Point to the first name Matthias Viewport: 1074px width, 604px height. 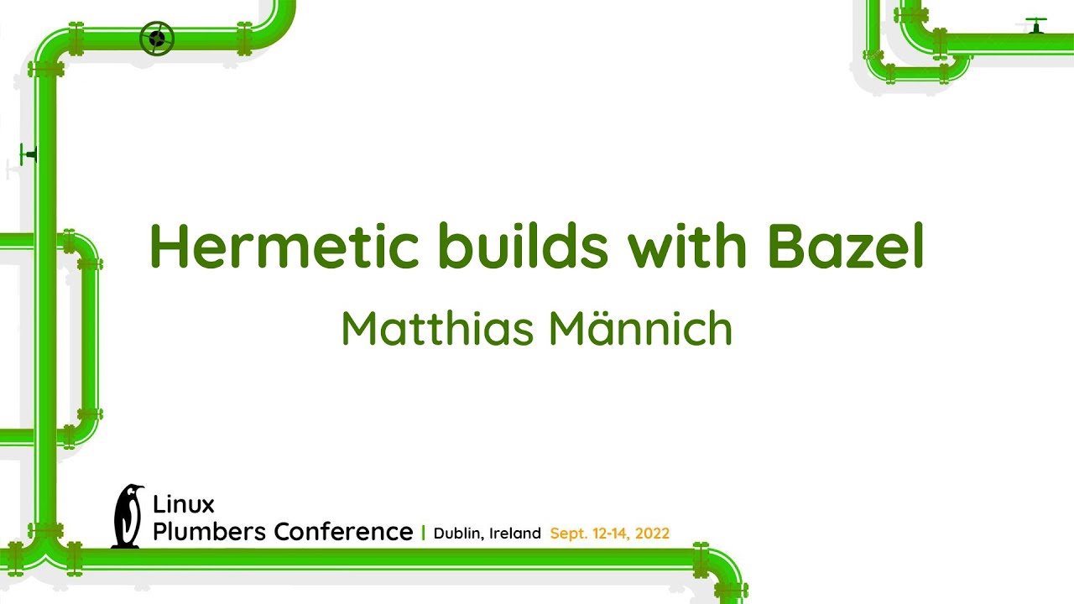437,329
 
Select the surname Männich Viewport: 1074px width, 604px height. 641,329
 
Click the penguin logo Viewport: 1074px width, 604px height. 128,517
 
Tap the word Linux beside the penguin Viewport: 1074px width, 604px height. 184,504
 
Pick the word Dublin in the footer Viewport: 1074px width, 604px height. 458,534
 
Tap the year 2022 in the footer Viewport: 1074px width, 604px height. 652,534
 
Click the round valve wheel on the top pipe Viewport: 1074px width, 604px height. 157,39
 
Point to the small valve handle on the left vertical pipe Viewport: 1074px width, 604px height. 29,154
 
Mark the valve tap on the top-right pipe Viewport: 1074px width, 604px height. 1036,24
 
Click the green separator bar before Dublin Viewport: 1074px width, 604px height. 423,533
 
